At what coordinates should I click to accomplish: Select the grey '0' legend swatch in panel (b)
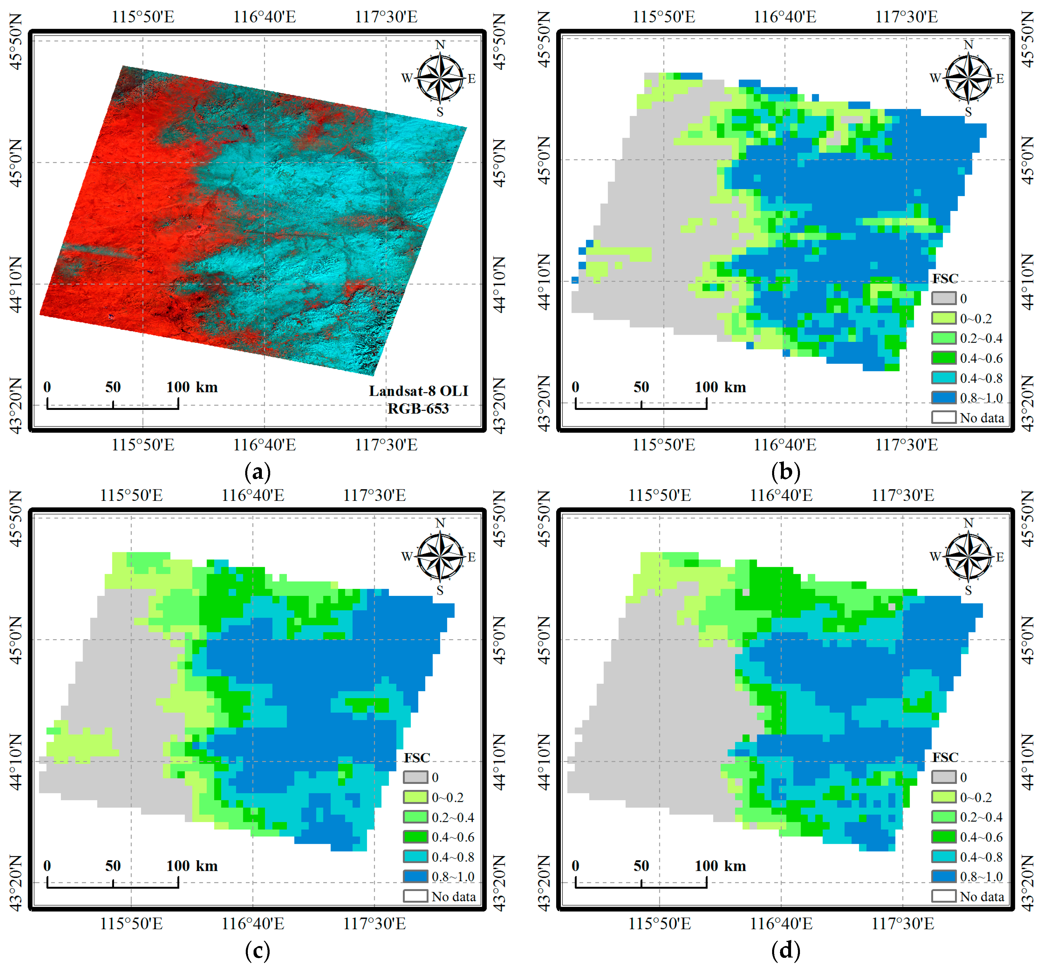coord(944,299)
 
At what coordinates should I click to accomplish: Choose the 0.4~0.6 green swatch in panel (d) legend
coord(944,837)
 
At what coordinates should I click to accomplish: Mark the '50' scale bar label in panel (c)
coord(113,866)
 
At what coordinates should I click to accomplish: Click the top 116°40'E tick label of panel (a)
coord(264,17)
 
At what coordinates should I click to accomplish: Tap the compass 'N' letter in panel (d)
coord(968,523)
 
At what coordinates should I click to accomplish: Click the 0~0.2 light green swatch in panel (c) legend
coord(415,797)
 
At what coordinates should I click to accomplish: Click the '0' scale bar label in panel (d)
coord(575,866)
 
